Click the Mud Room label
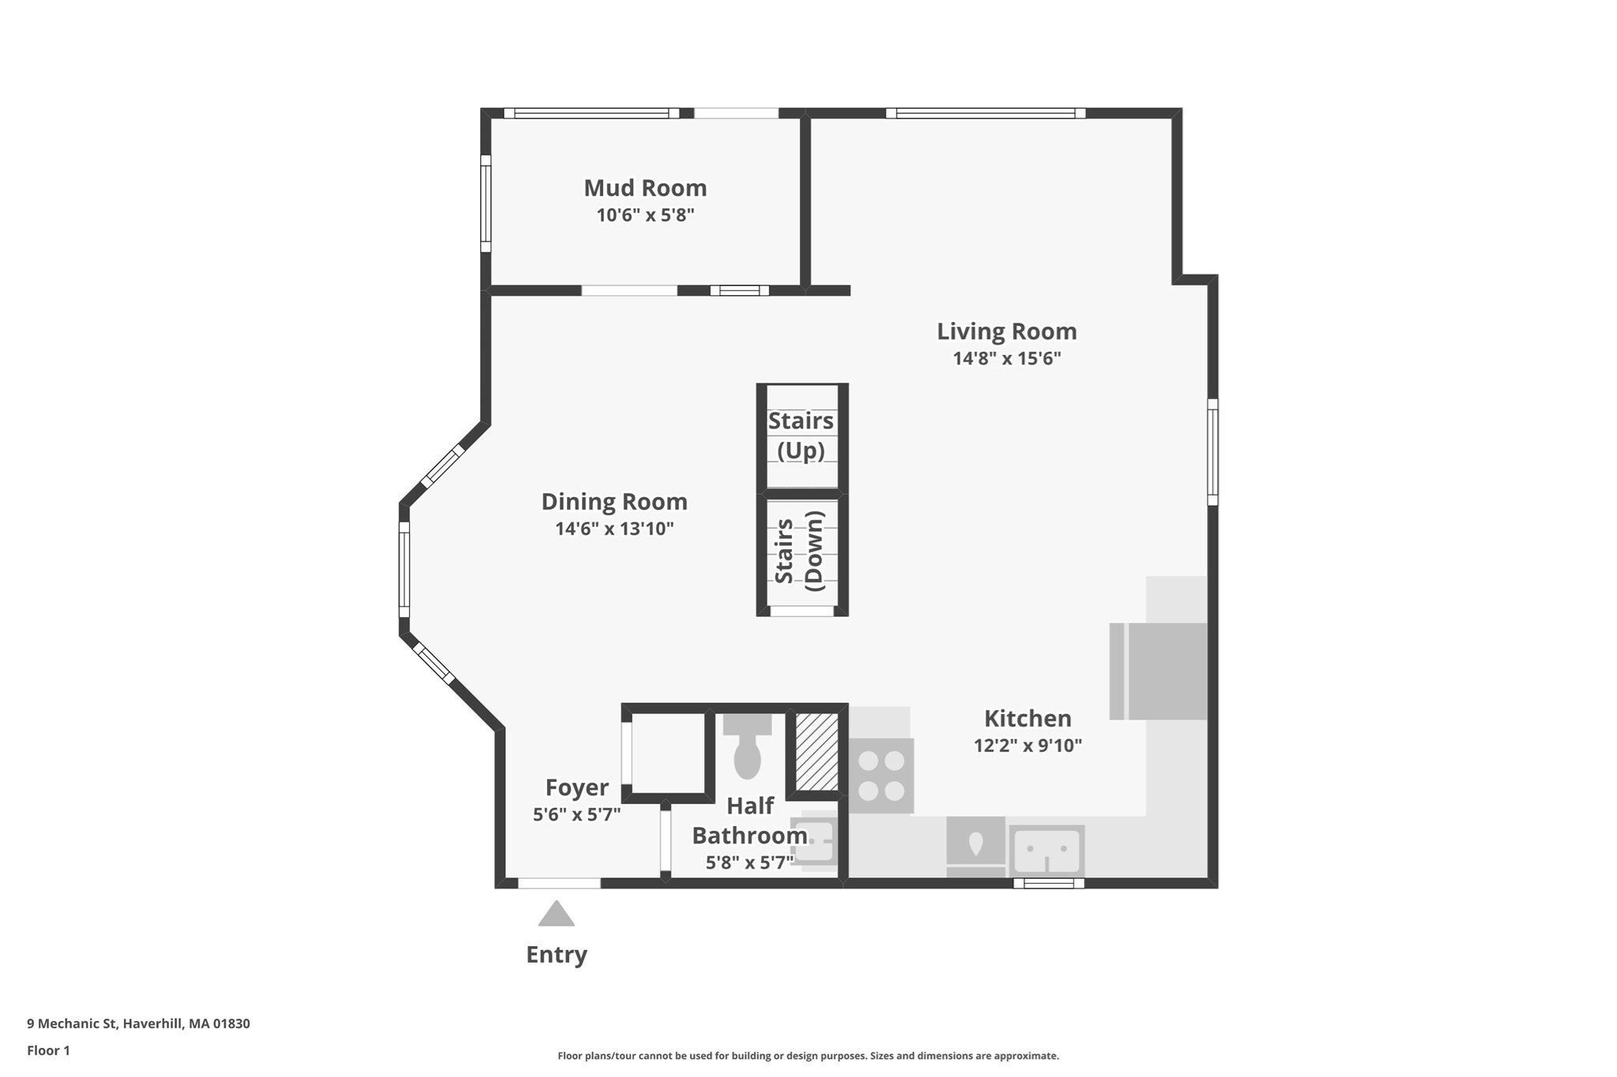coord(645,188)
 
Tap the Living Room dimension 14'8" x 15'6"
coord(1007,358)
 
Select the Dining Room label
coord(614,502)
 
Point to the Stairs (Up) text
coord(801,436)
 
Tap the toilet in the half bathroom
coord(747,746)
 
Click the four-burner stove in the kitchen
coord(882,776)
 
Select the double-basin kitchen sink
coord(1047,851)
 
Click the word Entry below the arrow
coord(557,955)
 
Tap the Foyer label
coord(577,787)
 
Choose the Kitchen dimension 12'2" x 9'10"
coord(1027,746)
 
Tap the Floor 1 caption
coord(48,1050)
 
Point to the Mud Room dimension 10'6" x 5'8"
coord(645,215)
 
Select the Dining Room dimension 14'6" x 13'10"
coord(614,529)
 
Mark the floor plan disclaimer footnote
coord(808,1056)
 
